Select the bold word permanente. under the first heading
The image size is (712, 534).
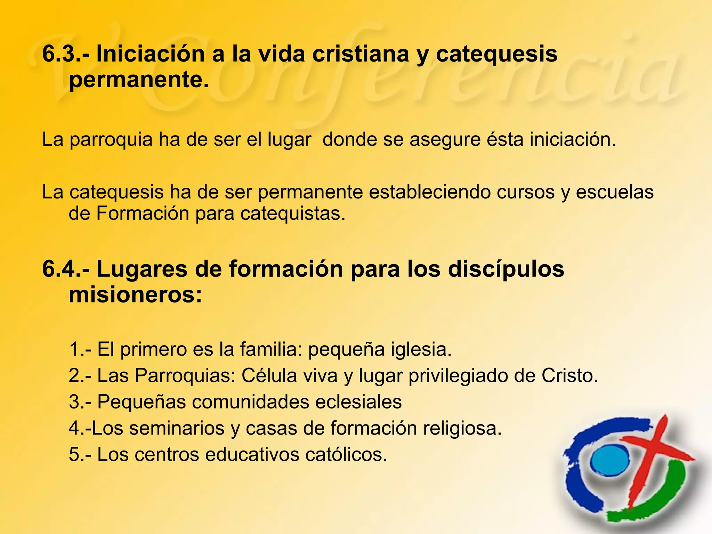click(139, 80)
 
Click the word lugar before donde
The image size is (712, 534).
click(289, 140)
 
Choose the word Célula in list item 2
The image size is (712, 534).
click(269, 375)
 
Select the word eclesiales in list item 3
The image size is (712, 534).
click(359, 402)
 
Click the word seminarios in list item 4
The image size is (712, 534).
click(177, 428)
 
